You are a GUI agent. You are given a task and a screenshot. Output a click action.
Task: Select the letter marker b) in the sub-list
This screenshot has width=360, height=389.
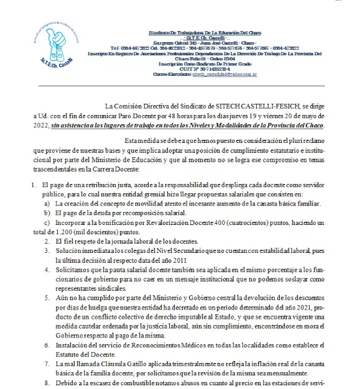47,211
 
